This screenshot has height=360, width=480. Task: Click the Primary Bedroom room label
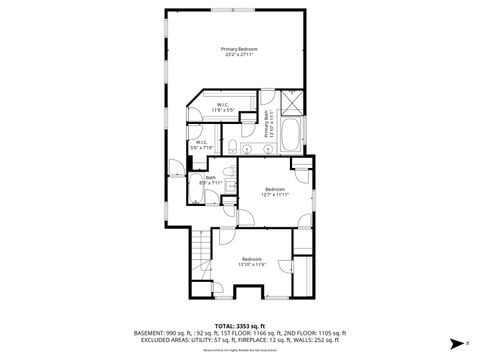[x=237, y=52]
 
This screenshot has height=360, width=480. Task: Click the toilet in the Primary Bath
[x=231, y=149]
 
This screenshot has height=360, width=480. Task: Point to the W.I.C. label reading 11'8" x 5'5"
[x=224, y=107]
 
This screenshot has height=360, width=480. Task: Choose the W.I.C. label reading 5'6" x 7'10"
[x=201, y=145]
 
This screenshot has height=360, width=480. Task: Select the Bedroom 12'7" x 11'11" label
[x=275, y=191]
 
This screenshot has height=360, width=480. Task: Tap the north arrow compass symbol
[x=455, y=342]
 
